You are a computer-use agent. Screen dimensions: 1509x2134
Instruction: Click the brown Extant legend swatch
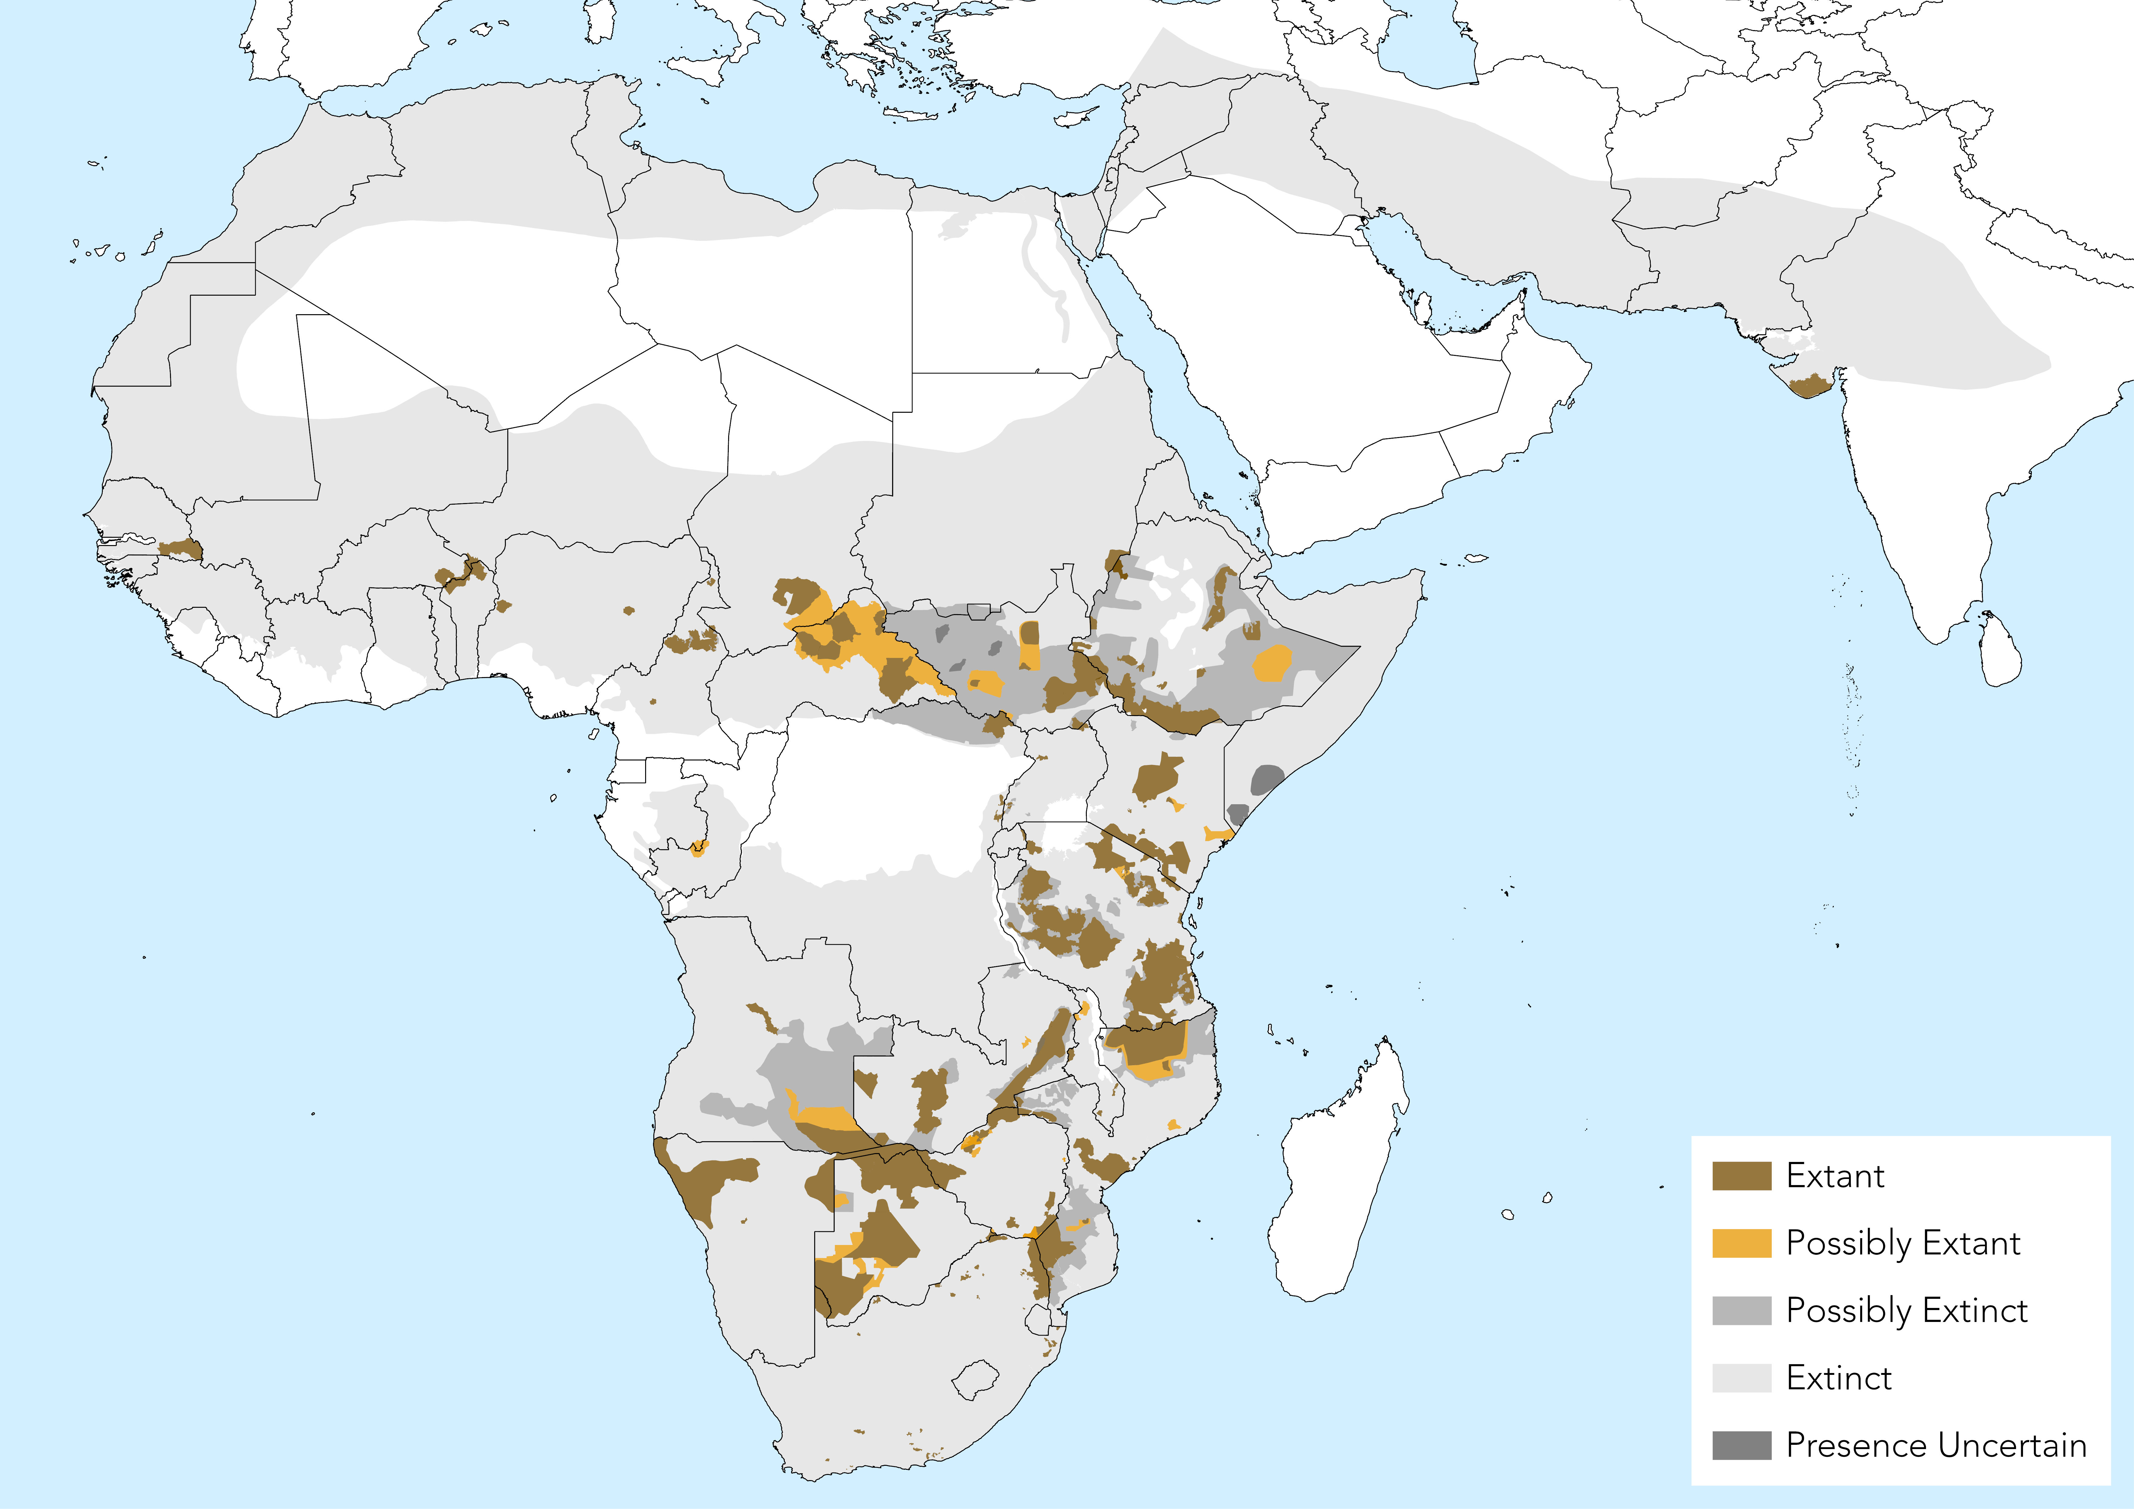pos(1741,1175)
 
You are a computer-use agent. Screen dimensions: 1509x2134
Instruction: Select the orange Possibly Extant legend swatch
pos(1741,1243)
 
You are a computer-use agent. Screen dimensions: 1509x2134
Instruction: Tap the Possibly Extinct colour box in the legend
pos(1741,1310)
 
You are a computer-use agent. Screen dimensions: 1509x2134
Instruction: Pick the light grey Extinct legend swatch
pos(1741,1377)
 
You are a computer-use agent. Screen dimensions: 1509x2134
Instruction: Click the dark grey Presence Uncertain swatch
pos(1741,1445)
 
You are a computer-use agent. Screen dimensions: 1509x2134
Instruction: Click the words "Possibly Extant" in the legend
pos(1903,1243)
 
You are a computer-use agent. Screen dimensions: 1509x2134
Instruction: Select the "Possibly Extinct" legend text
pos(1906,1310)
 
